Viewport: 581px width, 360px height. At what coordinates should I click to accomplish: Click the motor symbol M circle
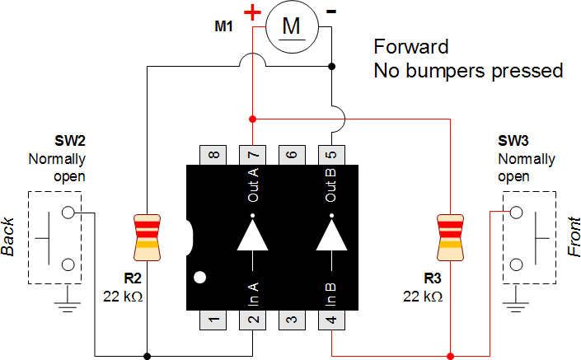(x=291, y=27)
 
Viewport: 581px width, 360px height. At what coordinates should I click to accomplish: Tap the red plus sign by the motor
(x=252, y=12)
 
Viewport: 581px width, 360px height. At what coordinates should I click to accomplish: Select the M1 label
(x=224, y=26)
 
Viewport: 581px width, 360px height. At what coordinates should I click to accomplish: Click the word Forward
(x=411, y=46)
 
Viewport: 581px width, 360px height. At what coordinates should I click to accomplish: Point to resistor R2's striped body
(x=146, y=231)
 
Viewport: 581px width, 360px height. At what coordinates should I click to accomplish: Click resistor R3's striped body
(x=450, y=231)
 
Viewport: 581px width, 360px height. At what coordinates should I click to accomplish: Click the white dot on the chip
(x=199, y=277)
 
